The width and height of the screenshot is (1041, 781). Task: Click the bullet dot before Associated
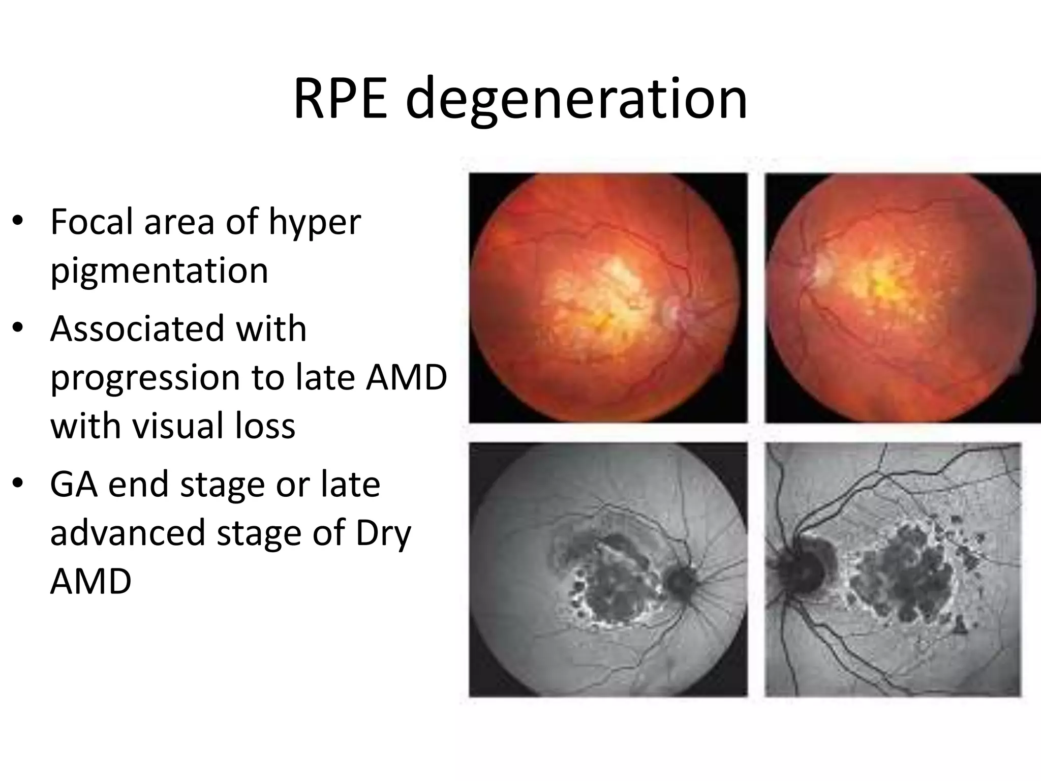(18, 328)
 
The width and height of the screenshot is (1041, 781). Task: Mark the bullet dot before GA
(18, 485)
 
